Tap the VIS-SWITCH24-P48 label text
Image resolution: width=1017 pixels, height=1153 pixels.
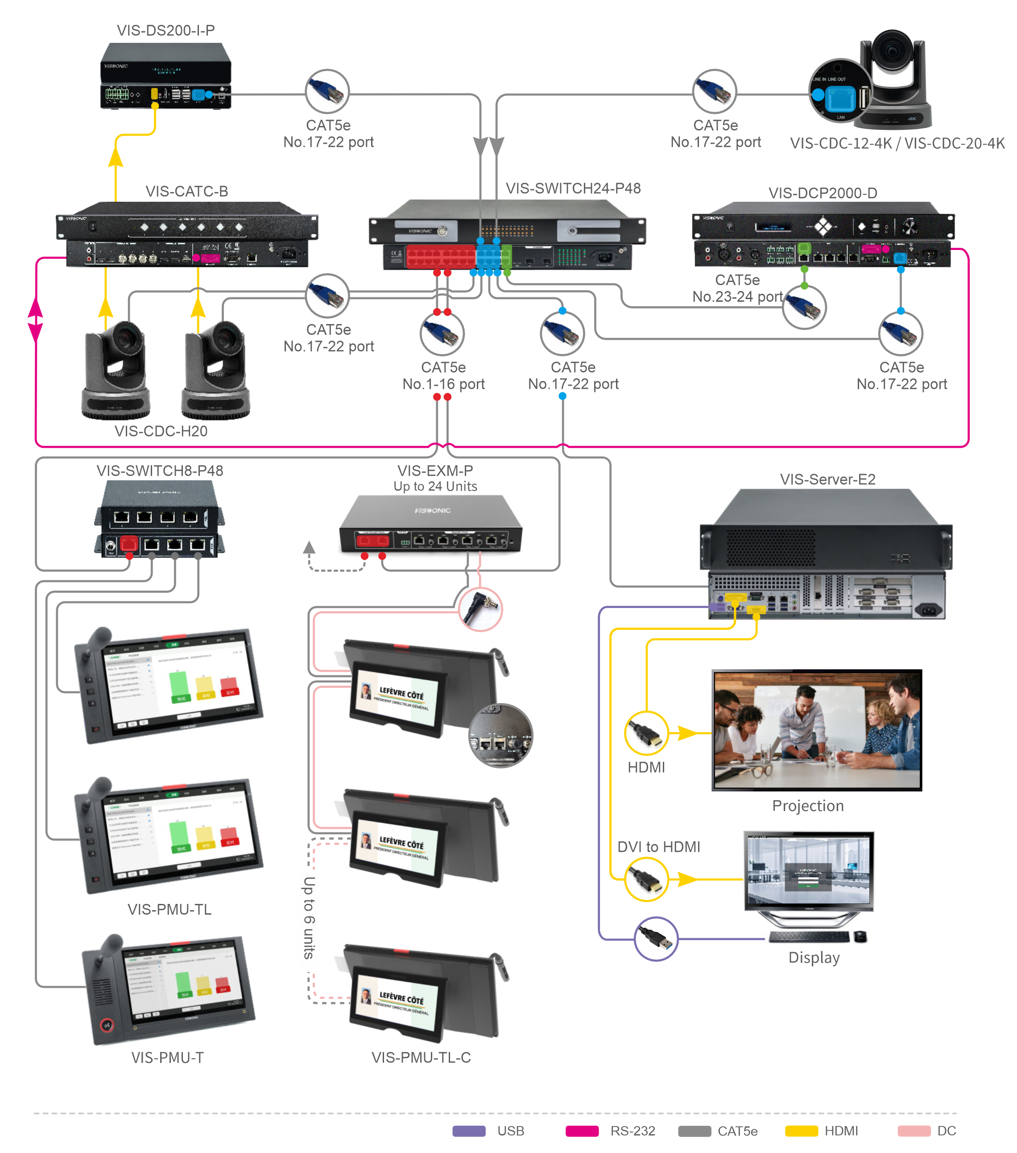point(572,188)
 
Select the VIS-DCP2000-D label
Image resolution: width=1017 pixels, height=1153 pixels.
point(822,193)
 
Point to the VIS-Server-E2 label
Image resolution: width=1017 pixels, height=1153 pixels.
point(827,479)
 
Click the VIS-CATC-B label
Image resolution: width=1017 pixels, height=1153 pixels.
point(186,191)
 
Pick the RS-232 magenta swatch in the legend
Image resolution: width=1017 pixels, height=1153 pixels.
point(581,1130)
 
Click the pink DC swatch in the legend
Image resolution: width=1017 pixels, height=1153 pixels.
point(913,1130)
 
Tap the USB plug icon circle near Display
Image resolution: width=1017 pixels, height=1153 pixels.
point(656,939)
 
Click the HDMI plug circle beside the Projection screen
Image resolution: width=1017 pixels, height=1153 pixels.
point(646,733)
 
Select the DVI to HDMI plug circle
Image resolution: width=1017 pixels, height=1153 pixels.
point(646,879)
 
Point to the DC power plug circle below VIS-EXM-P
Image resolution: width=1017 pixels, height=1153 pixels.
point(480,609)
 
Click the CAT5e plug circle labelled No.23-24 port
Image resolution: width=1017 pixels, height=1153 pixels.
point(804,307)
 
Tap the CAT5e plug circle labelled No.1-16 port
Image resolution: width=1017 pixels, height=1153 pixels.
point(442,333)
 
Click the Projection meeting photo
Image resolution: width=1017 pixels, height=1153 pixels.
point(816,730)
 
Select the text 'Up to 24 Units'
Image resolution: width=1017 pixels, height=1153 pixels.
point(435,486)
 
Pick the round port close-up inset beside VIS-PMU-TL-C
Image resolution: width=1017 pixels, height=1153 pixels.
point(500,736)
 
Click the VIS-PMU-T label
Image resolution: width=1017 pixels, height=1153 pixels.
point(167,1057)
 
